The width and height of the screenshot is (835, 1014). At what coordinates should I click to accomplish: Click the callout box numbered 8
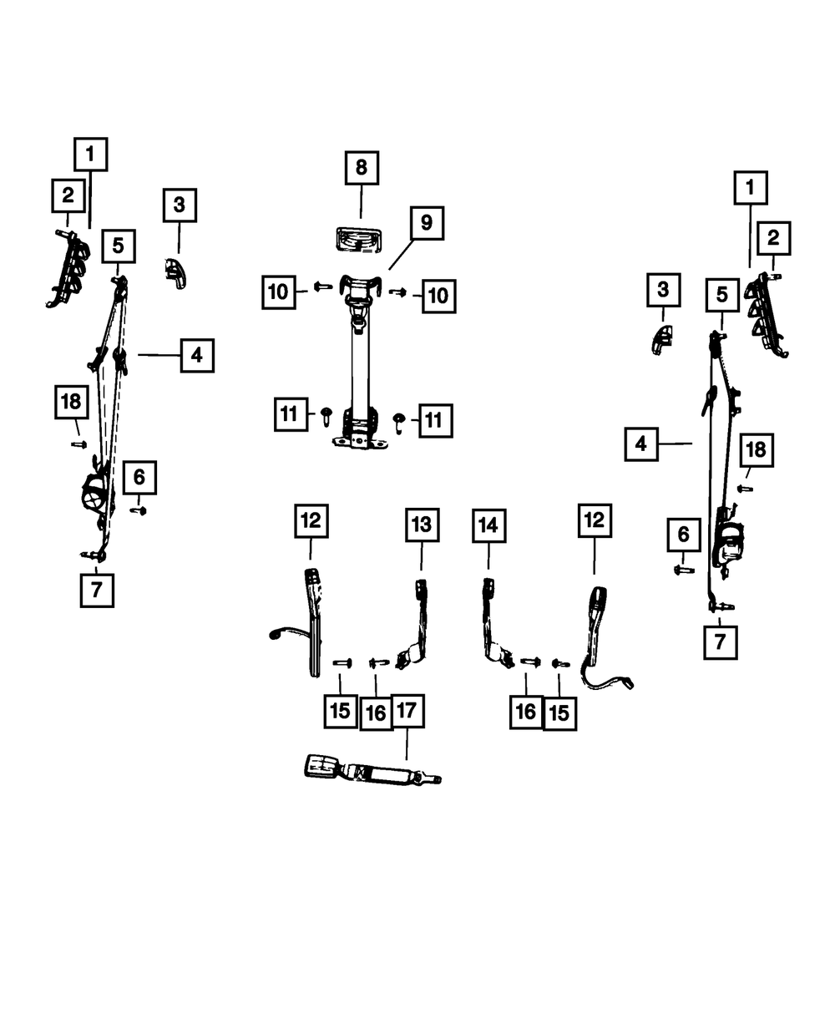362,168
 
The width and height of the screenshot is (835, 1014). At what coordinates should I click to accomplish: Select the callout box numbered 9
427,223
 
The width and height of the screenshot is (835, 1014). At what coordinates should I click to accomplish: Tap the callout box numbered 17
407,711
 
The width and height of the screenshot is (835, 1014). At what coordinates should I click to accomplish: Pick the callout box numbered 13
423,525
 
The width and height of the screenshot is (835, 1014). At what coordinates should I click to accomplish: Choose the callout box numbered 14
488,526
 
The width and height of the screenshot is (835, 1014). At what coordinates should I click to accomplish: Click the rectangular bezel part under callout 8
359,241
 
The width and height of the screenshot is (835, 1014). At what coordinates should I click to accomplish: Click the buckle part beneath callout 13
416,624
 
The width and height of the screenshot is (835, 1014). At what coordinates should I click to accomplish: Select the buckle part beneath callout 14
495,624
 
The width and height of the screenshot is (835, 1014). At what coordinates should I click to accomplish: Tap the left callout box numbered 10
279,292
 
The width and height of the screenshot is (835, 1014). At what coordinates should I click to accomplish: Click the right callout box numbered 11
436,421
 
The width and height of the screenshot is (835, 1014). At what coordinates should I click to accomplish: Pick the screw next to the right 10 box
397,292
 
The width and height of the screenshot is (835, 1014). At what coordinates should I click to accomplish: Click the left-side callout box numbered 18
71,402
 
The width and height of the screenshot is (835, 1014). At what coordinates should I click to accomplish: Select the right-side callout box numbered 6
684,535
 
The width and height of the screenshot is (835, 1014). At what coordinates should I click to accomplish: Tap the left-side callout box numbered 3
180,205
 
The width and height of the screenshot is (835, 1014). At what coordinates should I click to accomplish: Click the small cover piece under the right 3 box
661,340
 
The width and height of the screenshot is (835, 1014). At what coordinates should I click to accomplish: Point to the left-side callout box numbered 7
97,591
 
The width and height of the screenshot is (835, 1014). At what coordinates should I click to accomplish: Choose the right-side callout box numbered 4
641,444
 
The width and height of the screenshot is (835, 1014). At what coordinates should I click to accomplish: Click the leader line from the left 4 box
159,356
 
